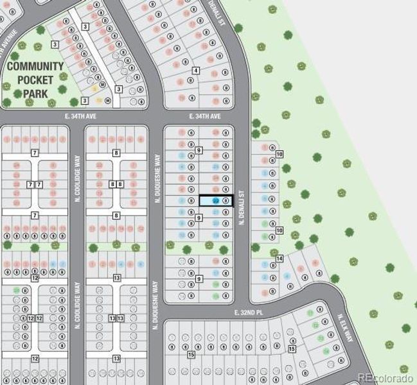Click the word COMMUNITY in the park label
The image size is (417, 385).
point(35,67)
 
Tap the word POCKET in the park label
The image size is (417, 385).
point(35,80)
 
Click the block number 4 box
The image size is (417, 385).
point(195,71)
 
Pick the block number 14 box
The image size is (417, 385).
point(279,259)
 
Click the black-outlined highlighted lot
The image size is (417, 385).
point(215,201)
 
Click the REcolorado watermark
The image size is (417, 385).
point(385,377)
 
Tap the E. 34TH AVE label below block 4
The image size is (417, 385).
point(205,116)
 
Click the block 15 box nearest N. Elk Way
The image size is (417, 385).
point(292,348)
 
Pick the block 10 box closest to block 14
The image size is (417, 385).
point(279,230)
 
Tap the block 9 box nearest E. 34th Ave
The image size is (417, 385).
point(199,150)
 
